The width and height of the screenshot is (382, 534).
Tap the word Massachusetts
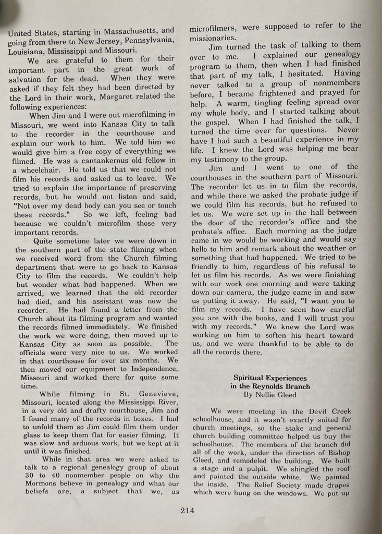click(124, 30)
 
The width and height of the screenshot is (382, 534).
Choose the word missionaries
click(212, 35)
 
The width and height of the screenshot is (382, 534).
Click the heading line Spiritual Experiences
click(269, 378)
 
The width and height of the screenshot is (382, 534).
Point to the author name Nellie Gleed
click(276, 395)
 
